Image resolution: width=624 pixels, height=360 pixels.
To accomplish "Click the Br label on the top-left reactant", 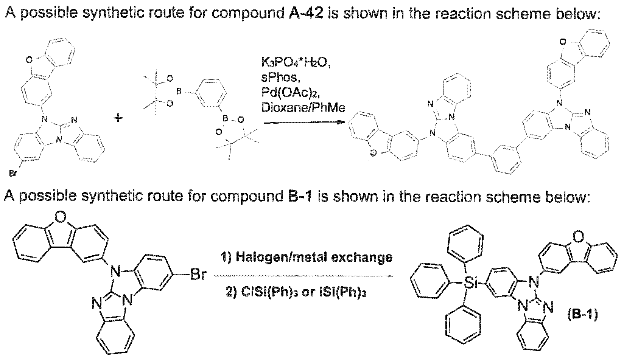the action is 13,174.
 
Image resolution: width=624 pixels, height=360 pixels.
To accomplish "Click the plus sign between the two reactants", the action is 118,119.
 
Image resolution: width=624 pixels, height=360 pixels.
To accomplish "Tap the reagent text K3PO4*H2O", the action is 296,63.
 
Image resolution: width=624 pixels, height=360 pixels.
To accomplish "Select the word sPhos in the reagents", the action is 280,78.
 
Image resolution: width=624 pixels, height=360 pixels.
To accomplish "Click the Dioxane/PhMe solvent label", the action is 303,107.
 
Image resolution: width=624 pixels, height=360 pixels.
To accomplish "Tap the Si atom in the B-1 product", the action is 470,284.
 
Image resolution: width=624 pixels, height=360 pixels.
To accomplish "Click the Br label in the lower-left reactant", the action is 198,275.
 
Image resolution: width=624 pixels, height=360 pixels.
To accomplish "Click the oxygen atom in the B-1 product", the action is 579,237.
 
